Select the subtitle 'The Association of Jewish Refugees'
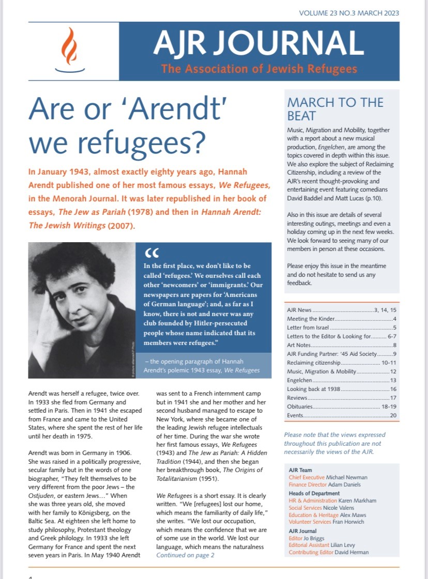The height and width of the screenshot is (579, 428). pyautogui.click(x=259, y=68)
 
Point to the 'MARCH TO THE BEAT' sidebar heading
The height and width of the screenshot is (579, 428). pyautogui.click(x=335, y=108)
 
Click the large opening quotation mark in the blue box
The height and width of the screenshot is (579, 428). pyautogui.click(x=152, y=253)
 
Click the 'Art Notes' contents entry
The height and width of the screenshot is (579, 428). pyautogui.click(x=299, y=345)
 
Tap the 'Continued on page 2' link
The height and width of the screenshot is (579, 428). pyautogui.click(x=185, y=555)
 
